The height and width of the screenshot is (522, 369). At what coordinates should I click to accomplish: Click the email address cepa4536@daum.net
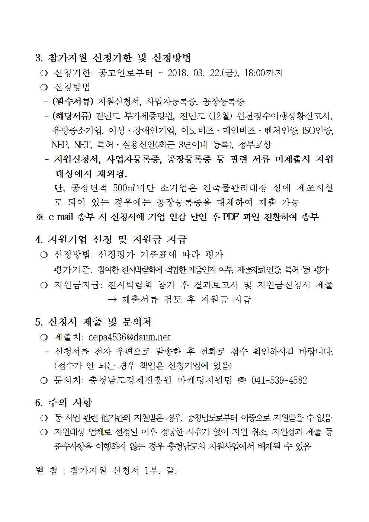click(x=129, y=337)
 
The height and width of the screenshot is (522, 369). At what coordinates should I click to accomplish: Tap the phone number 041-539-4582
click(x=279, y=380)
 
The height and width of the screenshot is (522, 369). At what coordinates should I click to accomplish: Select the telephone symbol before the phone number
click(x=242, y=380)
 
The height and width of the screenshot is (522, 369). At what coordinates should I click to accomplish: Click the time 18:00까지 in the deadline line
click(x=263, y=73)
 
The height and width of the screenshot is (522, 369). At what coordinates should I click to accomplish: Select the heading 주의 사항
click(x=70, y=403)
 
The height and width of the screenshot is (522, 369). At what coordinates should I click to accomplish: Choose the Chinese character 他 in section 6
click(x=105, y=418)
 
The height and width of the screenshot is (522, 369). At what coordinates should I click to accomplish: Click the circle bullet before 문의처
click(x=44, y=380)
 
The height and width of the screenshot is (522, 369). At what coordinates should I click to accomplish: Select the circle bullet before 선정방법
click(x=44, y=255)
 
